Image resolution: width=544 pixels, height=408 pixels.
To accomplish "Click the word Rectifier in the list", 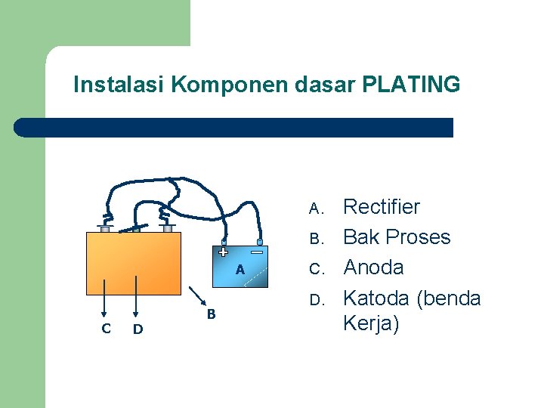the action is pyautogui.click(x=382, y=207).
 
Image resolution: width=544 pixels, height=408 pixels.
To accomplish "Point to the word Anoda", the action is pyautogui.click(x=373, y=267).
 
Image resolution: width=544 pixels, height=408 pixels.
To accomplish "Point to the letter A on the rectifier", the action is pyautogui.click(x=240, y=269).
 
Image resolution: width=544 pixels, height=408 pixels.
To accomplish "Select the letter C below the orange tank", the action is pyautogui.click(x=106, y=328).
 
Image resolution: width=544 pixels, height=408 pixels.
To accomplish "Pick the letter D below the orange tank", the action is pyautogui.click(x=138, y=328).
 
